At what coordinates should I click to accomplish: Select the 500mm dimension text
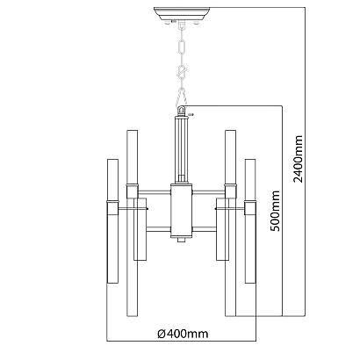pos(275,211)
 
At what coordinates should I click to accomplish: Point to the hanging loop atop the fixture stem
pos(182,112)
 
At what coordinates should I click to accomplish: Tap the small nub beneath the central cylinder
pos(182,240)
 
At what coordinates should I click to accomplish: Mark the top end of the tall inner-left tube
pos(133,133)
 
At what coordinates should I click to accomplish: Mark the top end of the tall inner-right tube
pos(230,133)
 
